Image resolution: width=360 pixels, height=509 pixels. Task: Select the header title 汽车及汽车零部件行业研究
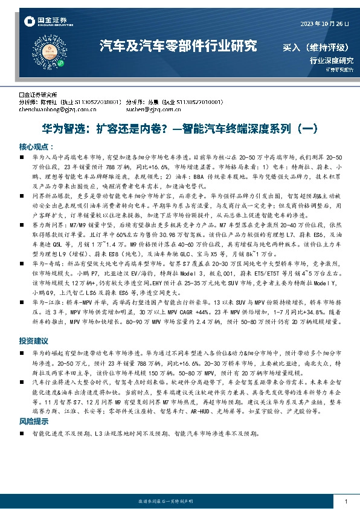tap(178, 47)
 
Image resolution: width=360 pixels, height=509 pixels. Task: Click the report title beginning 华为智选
tap(179, 129)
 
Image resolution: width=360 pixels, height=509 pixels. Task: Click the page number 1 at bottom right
tap(345, 501)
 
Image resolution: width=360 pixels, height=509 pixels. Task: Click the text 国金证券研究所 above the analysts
tap(38, 96)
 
